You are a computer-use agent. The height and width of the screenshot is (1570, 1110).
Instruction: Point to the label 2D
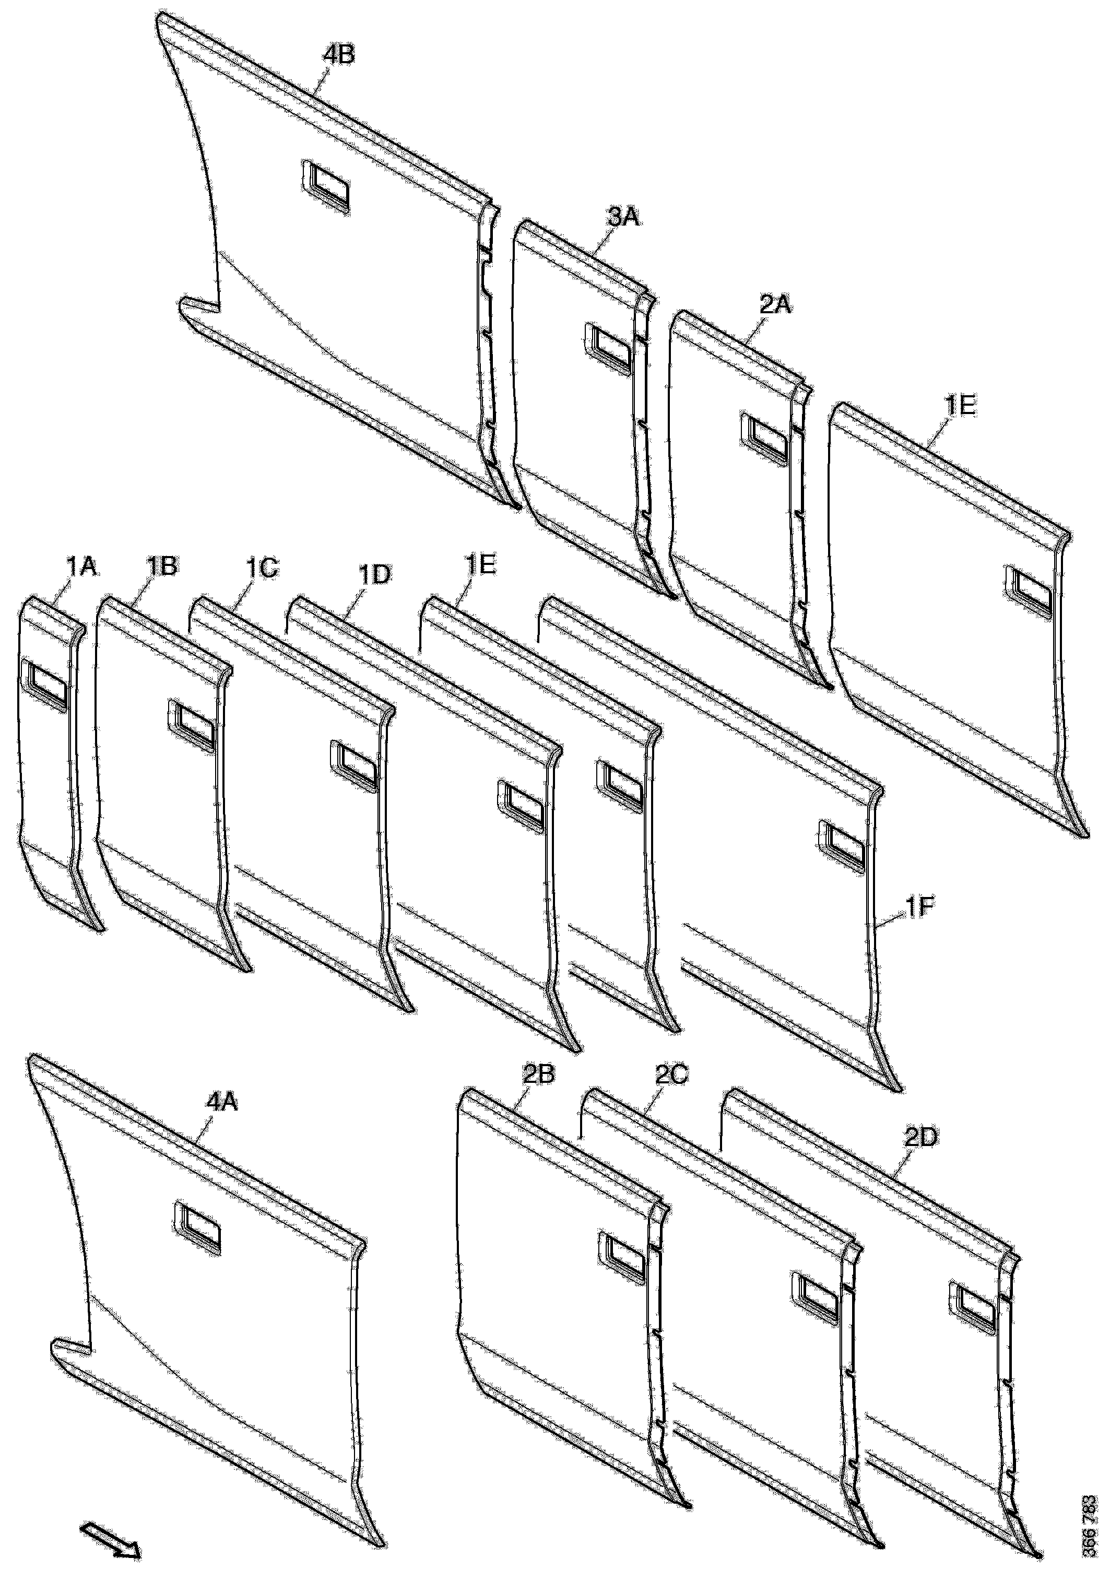coord(920,1137)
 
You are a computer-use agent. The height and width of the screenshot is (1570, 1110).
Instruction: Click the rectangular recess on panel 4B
coord(324,182)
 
